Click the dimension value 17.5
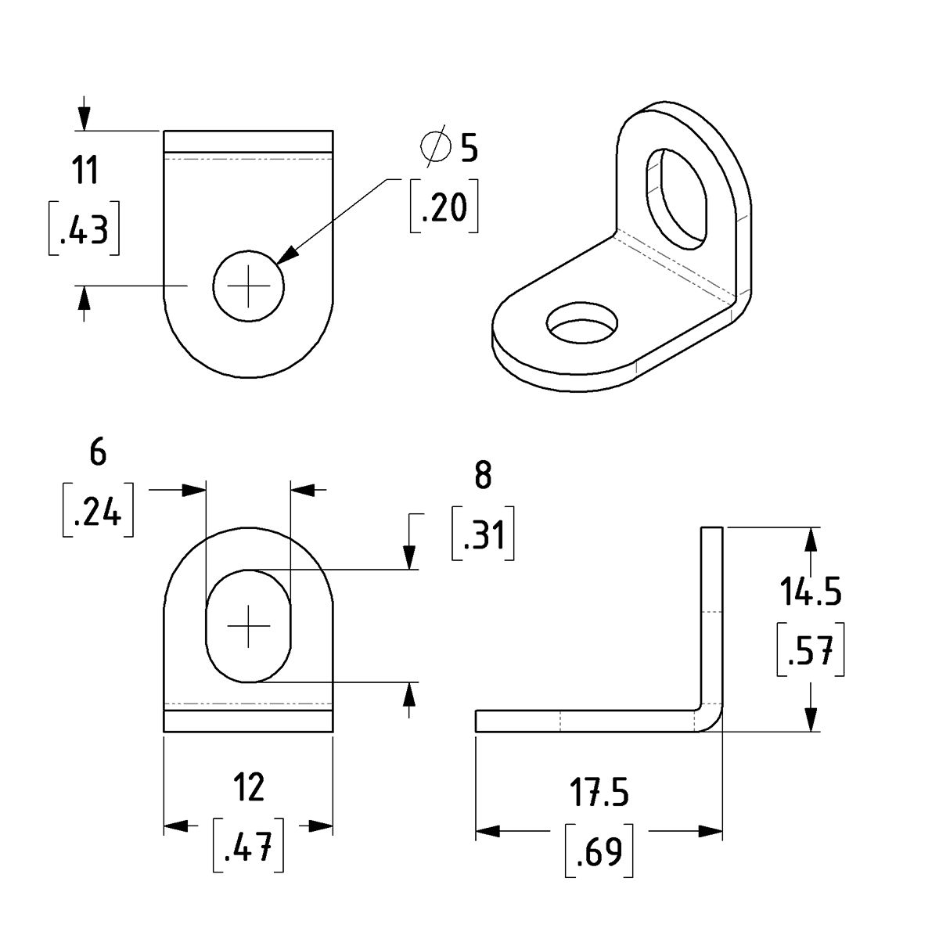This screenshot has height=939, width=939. [x=599, y=792]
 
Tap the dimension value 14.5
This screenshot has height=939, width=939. [x=809, y=594]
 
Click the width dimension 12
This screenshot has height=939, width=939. [x=249, y=787]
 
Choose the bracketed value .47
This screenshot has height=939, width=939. [x=248, y=846]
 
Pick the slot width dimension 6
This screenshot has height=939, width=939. [x=97, y=453]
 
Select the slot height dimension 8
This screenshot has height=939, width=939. [x=483, y=476]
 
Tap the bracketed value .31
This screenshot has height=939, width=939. [x=483, y=537]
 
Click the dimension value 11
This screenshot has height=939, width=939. [x=85, y=171]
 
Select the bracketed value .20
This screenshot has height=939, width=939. [x=444, y=207]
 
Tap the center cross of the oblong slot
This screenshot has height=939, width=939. [x=249, y=627]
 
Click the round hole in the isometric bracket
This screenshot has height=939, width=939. [x=581, y=323]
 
